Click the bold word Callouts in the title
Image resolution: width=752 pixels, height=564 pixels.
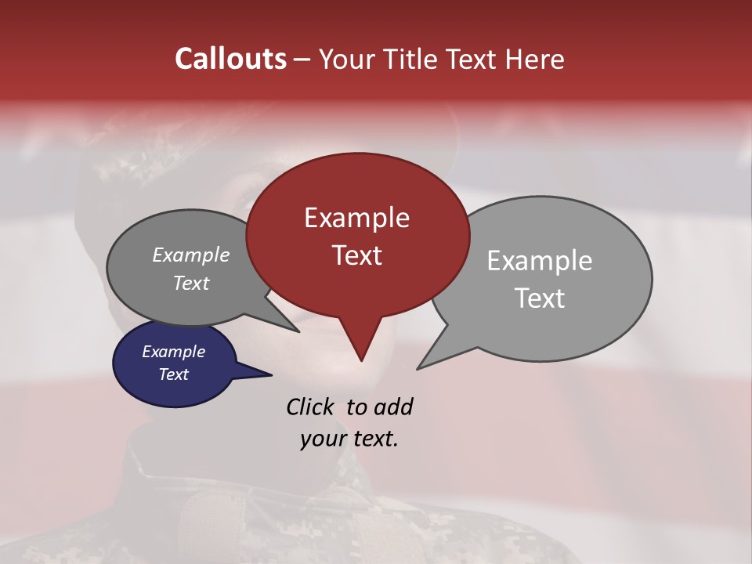pos(230,59)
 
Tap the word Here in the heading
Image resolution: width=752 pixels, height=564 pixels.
pos(535,59)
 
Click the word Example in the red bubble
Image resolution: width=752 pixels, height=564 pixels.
pos(356,218)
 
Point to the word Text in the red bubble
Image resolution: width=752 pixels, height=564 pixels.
pos(356,255)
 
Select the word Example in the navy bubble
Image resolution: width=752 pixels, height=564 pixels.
pos(173,352)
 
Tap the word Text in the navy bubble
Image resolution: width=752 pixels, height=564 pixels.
pos(173,374)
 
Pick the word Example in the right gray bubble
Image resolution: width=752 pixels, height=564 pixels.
pos(539,261)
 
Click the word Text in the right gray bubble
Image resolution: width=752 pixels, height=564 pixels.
pos(539,298)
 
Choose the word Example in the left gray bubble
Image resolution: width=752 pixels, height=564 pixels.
pos(190,255)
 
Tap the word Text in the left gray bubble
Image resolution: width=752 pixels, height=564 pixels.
pos(190,283)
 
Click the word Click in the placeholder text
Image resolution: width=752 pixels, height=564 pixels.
pos(311,407)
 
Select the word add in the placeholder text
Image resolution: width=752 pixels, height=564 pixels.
pos(392,407)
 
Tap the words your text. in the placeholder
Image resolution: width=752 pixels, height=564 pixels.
pos(349,439)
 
